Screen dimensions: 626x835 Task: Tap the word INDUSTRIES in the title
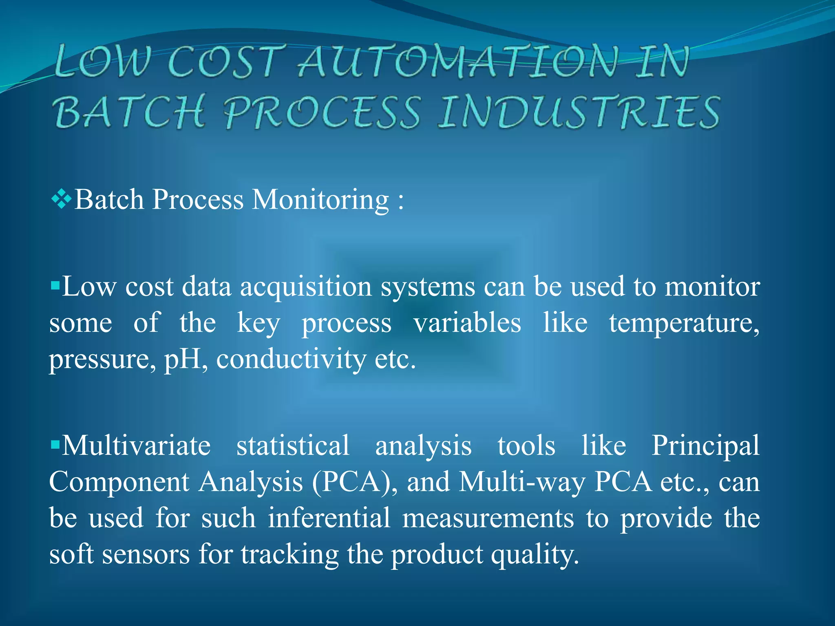pos(579,112)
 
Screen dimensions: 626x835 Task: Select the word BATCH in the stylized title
pos(129,112)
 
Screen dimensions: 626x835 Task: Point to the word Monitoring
pos(320,200)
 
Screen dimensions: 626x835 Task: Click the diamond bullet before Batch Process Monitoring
pos(62,200)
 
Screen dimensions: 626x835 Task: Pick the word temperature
pos(684,323)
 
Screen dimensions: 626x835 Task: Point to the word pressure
pos(102,359)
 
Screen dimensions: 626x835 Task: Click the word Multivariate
pos(136,445)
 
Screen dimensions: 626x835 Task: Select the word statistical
pos(293,445)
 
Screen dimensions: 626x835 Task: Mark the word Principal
pos(705,445)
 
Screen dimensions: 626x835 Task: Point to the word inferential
pos(329,518)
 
